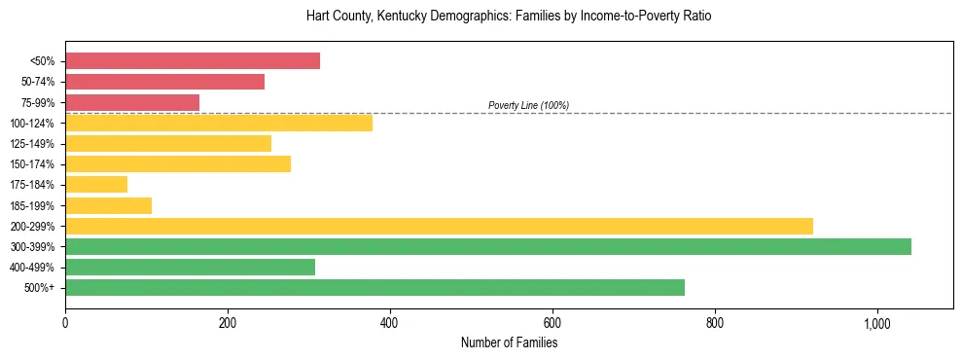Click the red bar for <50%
(193, 61)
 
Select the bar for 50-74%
(164, 82)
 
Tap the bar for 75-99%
(132, 102)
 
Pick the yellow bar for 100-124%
(219, 123)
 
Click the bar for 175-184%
(96, 184)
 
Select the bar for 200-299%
(439, 226)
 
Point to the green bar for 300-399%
(488, 246)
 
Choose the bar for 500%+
(374, 287)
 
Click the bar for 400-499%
(190, 267)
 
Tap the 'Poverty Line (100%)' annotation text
(528, 105)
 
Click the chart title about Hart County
(509, 17)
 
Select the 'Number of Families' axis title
(509, 342)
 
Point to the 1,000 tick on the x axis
(876, 323)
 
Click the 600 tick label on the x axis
(552, 323)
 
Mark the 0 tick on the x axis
(65, 323)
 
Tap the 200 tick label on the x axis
(228, 323)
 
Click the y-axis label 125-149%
(32, 144)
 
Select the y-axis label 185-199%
(32, 205)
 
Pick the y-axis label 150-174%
(32, 164)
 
